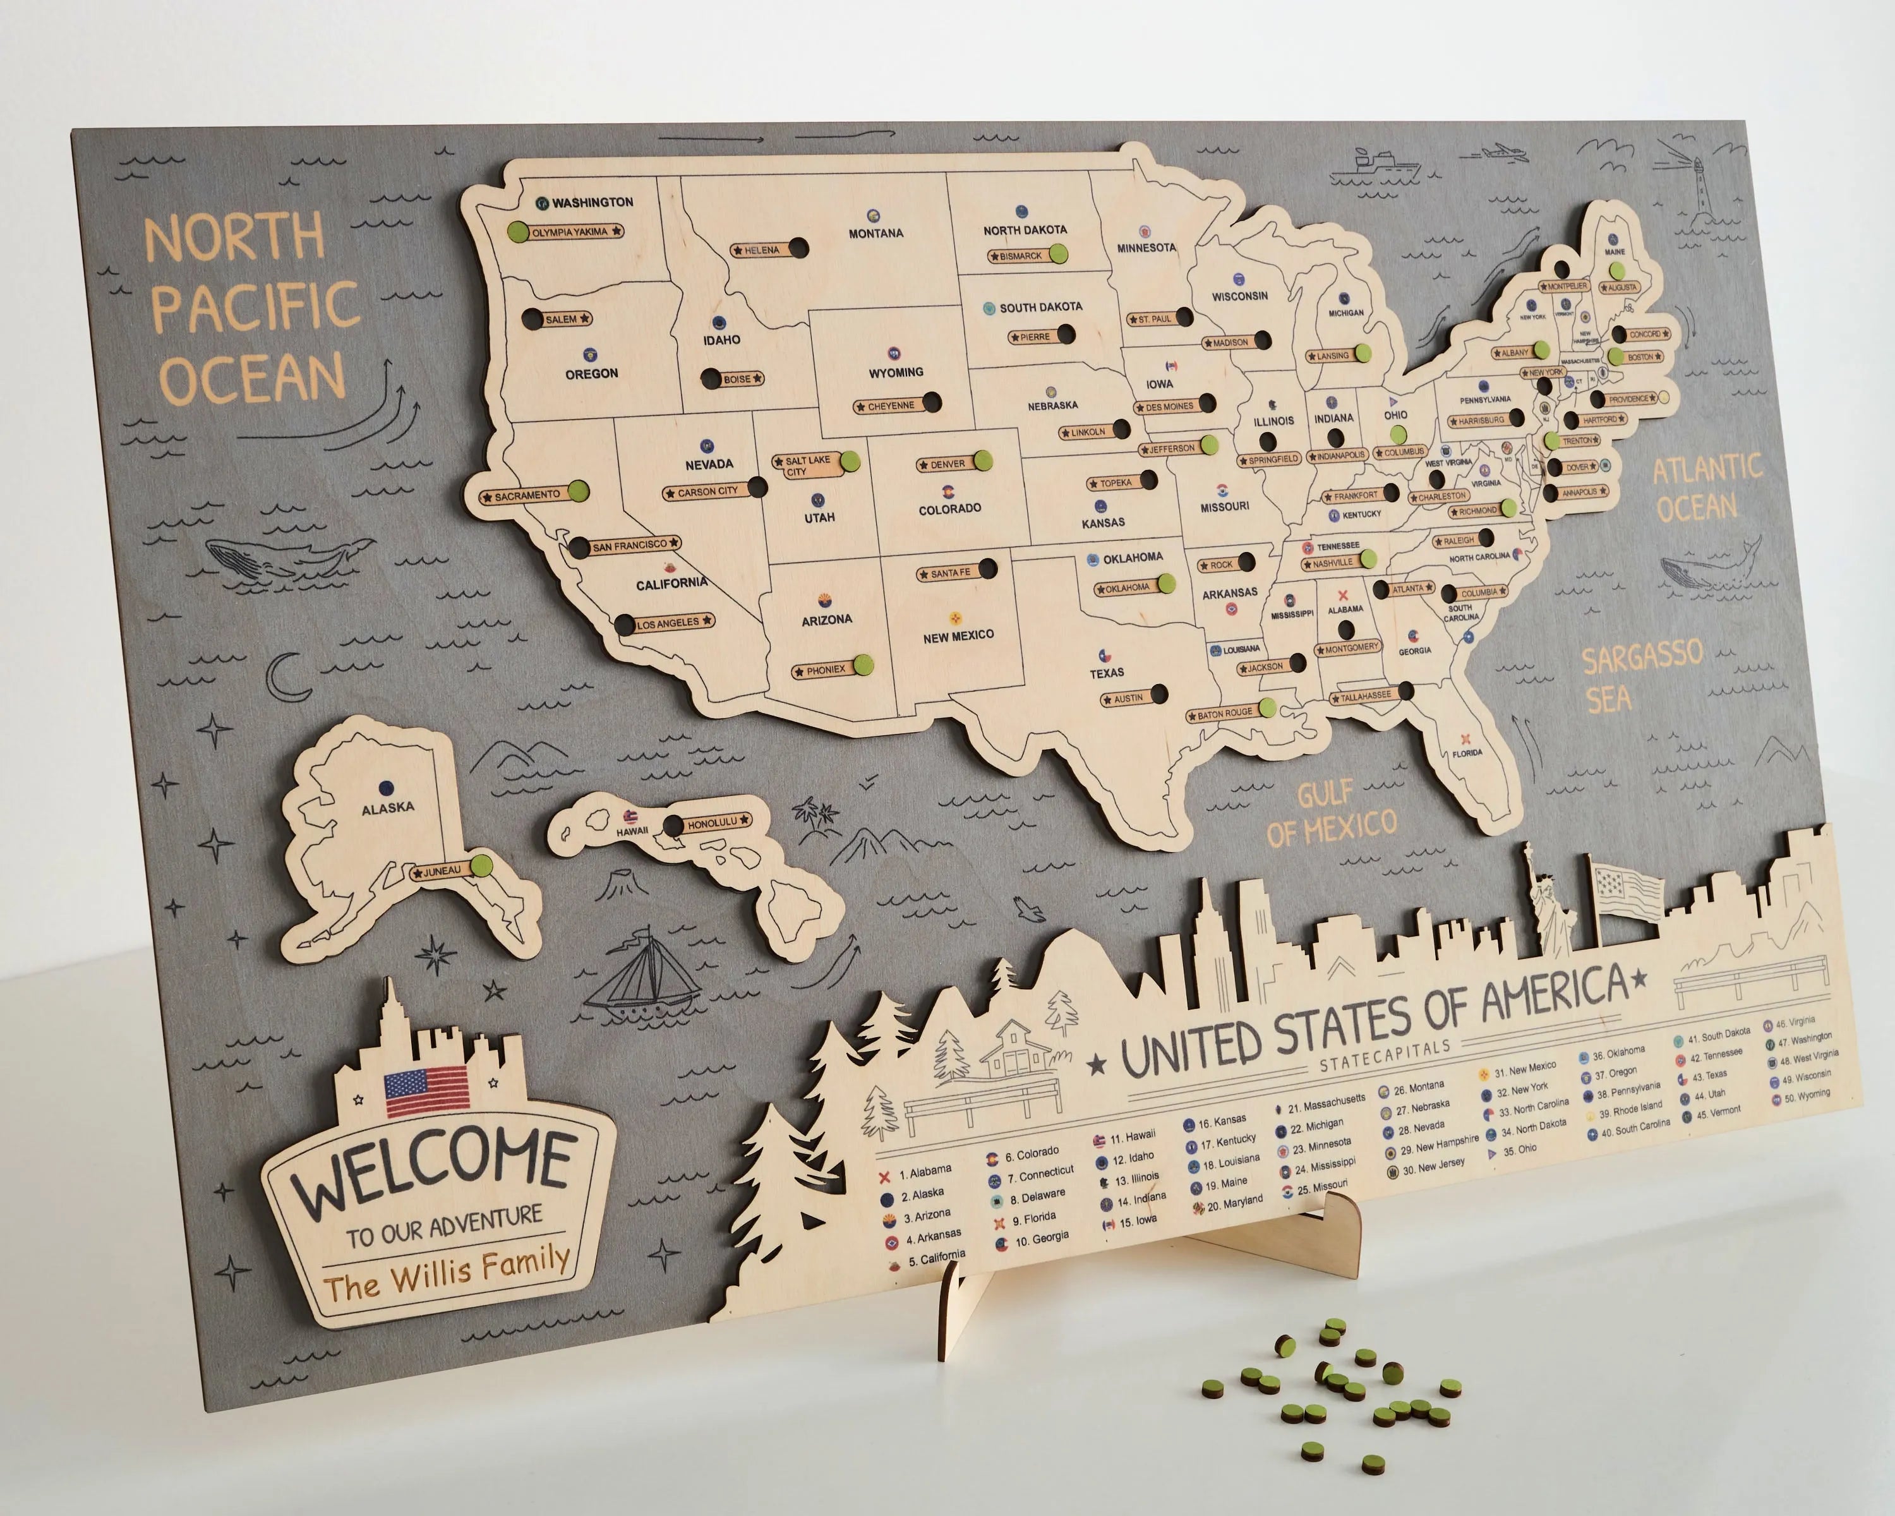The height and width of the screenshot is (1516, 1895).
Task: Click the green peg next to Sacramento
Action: click(577, 490)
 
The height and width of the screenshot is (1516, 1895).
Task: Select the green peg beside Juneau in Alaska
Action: click(481, 865)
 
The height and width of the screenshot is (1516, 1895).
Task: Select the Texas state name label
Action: click(1107, 672)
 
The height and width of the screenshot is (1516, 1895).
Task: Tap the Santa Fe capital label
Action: click(950, 573)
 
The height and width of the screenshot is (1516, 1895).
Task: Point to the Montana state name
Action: click(875, 233)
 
